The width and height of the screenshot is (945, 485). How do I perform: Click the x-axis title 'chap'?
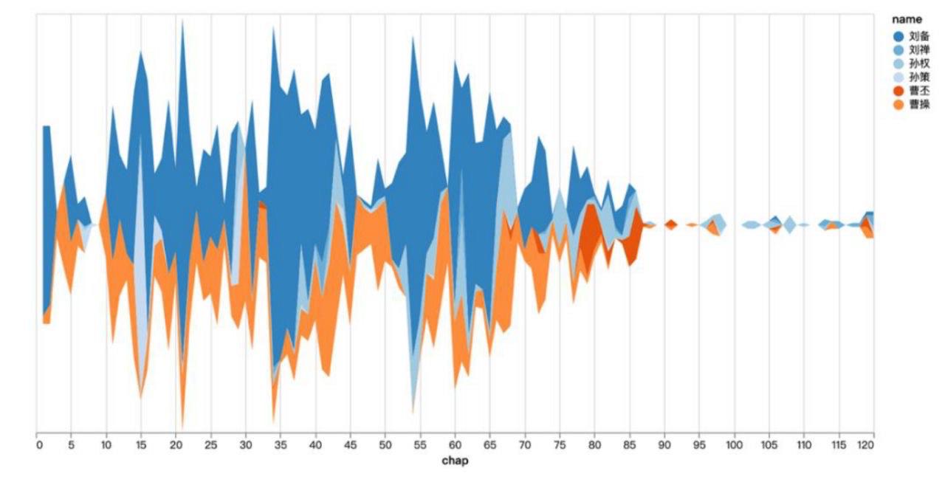(x=455, y=461)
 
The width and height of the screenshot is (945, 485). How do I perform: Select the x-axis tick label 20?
(x=176, y=445)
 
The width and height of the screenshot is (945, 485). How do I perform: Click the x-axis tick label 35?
(x=281, y=445)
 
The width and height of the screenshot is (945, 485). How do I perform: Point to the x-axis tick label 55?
(x=420, y=445)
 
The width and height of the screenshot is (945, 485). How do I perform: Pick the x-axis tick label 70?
(x=525, y=445)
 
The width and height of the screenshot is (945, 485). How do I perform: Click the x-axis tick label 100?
(x=734, y=445)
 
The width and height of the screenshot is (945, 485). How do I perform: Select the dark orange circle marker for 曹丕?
(x=898, y=91)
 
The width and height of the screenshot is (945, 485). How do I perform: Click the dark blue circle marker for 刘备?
(x=898, y=35)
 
